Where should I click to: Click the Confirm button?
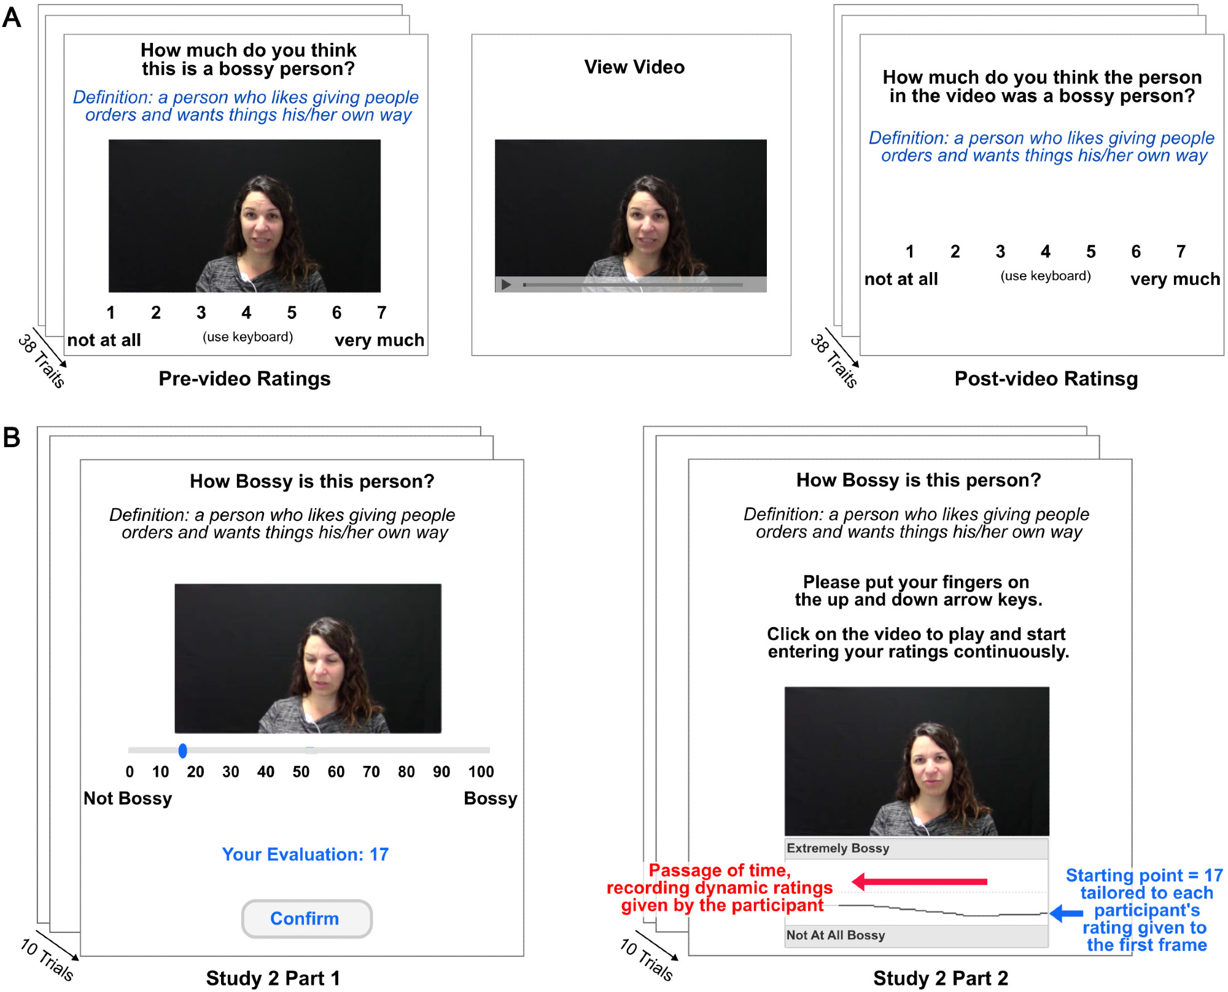tap(306, 918)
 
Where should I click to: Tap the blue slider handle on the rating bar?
tap(182, 750)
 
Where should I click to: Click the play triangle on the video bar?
tap(506, 284)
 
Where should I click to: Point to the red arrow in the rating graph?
tap(919, 881)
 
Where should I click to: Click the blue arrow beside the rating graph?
tap(1066, 913)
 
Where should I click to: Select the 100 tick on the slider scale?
tap(481, 771)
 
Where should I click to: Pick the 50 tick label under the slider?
tap(301, 771)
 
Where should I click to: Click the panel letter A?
tap(12, 17)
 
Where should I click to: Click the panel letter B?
tap(12, 437)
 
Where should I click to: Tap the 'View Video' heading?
tap(634, 67)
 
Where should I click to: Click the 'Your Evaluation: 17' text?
tap(305, 854)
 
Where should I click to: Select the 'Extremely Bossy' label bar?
tap(916, 848)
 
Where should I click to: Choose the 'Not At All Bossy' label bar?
tap(916, 935)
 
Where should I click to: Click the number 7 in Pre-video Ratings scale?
tap(382, 313)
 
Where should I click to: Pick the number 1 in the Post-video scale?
tap(910, 251)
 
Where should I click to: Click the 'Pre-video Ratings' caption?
tap(244, 378)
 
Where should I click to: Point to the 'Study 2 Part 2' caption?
tap(941, 978)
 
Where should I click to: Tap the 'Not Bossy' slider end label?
tap(128, 799)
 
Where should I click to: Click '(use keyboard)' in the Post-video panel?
tap(1046, 276)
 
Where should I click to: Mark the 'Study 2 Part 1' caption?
tap(273, 978)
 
